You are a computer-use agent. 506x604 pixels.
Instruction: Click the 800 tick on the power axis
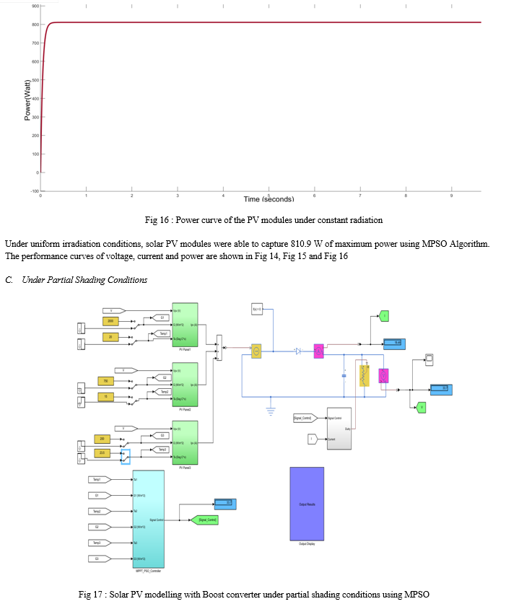(x=34, y=25)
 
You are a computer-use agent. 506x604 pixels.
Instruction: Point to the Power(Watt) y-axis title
(x=27, y=99)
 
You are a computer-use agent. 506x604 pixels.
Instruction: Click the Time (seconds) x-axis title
(x=269, y=199)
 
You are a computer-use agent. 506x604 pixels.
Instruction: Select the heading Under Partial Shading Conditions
(x=84, y=280)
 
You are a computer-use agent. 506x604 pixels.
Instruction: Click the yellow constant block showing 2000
(x=110, y=321)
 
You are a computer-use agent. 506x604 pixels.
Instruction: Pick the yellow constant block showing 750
(x=105, y=381)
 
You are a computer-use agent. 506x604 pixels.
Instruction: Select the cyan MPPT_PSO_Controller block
(x=144, y=519)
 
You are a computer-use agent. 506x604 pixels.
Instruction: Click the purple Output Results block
(x=307, y=503)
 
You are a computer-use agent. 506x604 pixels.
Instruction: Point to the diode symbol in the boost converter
(x=297, y=351)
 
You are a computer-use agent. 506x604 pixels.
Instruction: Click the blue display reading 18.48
(x=395, y=343)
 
